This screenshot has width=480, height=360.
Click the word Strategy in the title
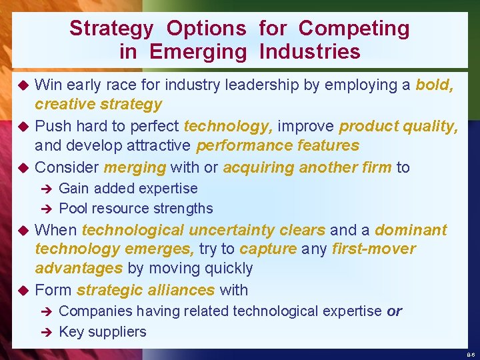tap(111, 29)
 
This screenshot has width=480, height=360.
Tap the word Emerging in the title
tap(197, 51)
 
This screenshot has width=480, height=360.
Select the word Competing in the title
tap(354, 29)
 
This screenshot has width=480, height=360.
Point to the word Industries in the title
tap(310, 51)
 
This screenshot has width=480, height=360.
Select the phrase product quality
tap(398, 126)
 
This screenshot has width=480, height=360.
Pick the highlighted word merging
tap(135, 167)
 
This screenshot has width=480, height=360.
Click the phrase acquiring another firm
tap(307, 167)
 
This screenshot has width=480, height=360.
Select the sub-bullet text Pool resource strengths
tap(136, 208)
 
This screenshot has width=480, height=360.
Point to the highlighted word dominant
tap(411, 230)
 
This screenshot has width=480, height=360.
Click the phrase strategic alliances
tap(145, 290)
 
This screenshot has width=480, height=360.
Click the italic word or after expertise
tap(394, 311)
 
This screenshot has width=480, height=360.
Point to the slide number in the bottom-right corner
tap(471, 355)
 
